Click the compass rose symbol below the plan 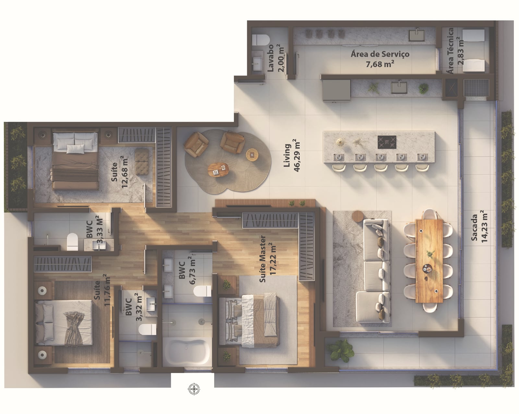[x=194, y=389]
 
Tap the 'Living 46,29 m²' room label [x=292, y=156]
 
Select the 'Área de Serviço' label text [x=380, y=54]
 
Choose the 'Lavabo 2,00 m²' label [x=276, y=58]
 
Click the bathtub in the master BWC [x=187, y=352]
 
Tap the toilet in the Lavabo [x=261, y=40]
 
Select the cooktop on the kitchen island [x=387, y=142]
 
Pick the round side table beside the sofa [x=358, y=216]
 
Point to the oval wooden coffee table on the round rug [x=218, y=170]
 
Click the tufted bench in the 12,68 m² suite [x=141, y=161]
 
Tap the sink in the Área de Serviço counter [x=416, y=35]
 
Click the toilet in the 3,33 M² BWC [x=72, y=241]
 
